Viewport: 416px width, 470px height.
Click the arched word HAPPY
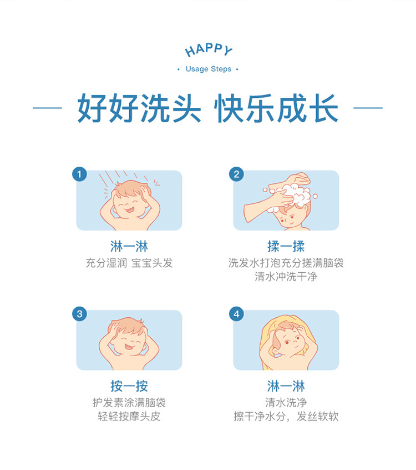[209, 50]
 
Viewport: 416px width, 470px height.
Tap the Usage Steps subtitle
[209, 69]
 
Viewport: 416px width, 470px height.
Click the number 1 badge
[79, 174]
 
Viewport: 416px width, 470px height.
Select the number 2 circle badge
[236, 174]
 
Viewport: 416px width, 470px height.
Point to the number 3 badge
[79, 314]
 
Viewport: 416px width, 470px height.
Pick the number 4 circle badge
[236, 314]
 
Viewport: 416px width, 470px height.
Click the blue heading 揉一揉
[286, 247]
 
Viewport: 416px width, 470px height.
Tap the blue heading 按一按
[129, 386]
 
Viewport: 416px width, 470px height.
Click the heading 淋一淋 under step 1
[129, 247]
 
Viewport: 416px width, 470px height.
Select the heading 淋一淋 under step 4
[286, 386]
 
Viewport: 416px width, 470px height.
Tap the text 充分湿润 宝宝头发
[129, 263]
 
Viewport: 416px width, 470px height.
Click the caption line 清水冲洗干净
[286, 276]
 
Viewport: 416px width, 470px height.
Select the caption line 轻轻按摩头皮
[129, 416]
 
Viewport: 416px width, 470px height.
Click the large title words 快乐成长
[276, 108]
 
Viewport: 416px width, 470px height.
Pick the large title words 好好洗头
[139, 108]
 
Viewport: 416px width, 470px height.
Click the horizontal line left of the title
[47, 108]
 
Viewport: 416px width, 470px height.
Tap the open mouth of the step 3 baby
[129, 347]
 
